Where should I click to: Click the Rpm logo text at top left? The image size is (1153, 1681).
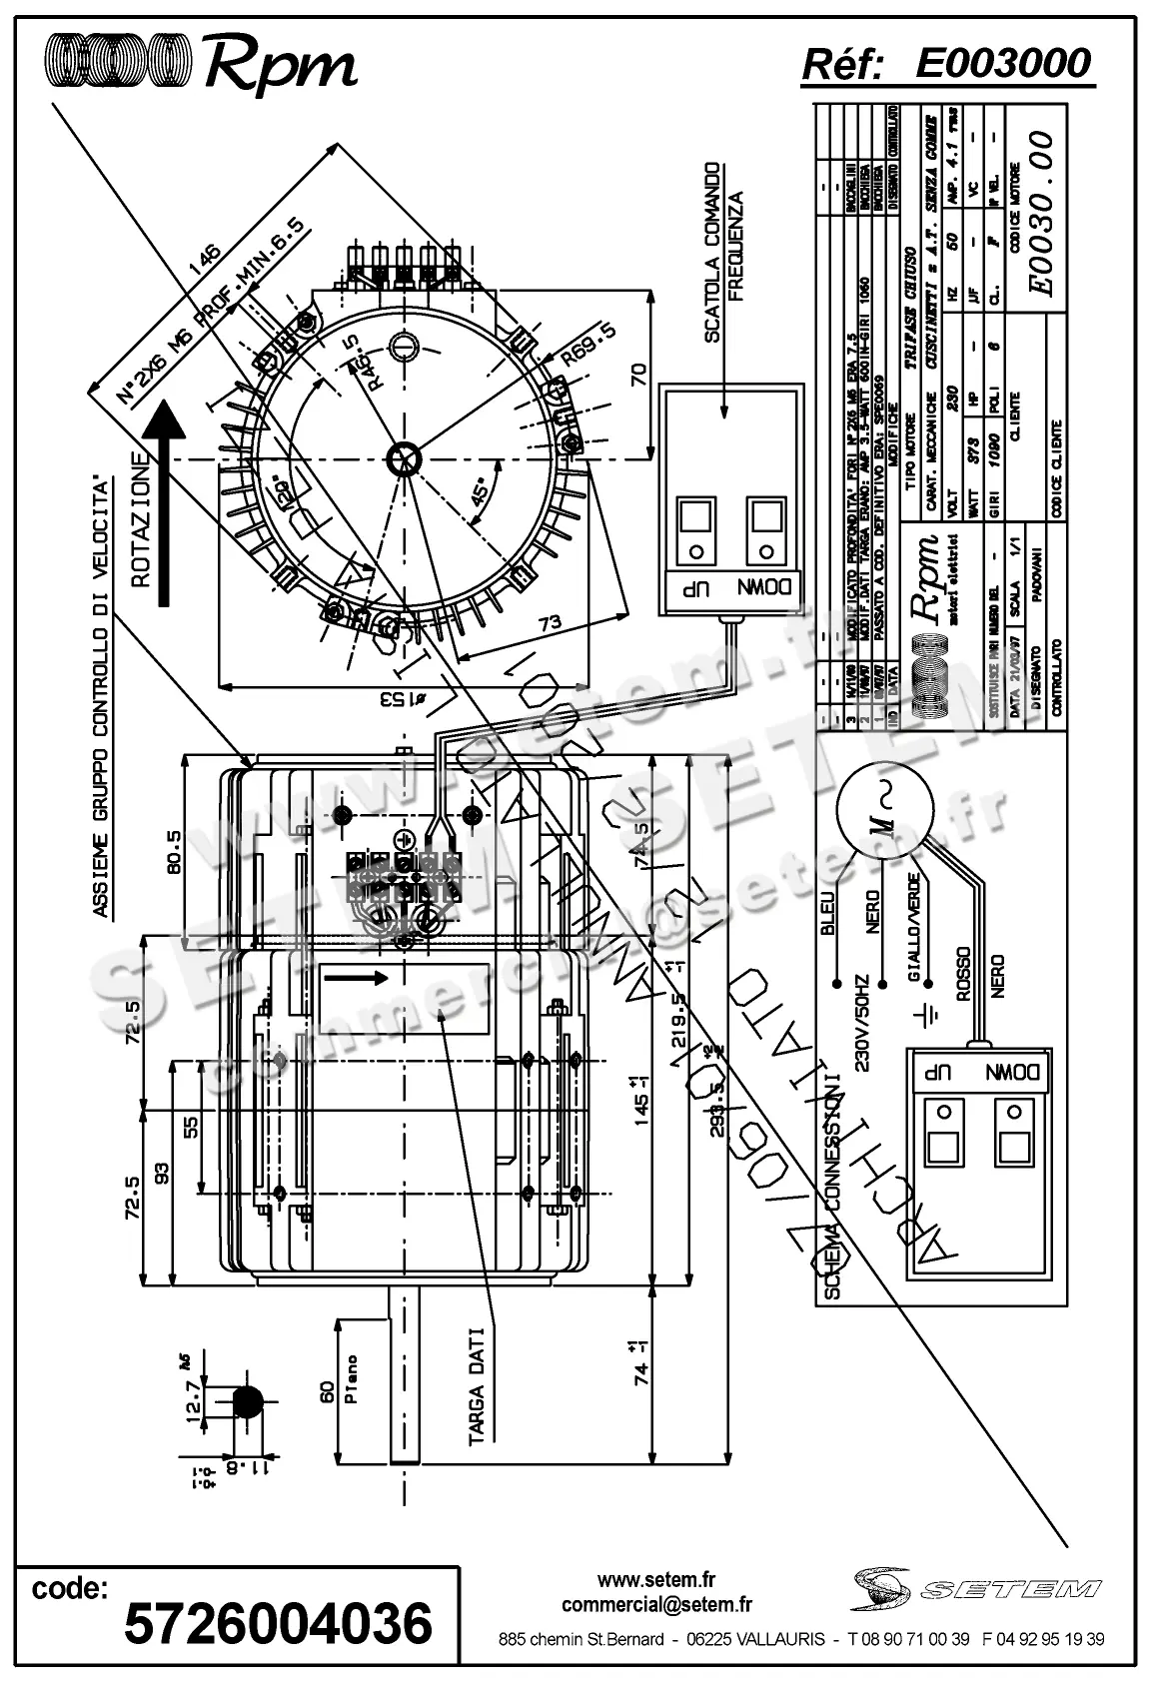280,66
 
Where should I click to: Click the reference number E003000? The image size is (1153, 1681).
1002,63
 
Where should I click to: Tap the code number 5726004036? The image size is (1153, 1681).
278,1621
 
